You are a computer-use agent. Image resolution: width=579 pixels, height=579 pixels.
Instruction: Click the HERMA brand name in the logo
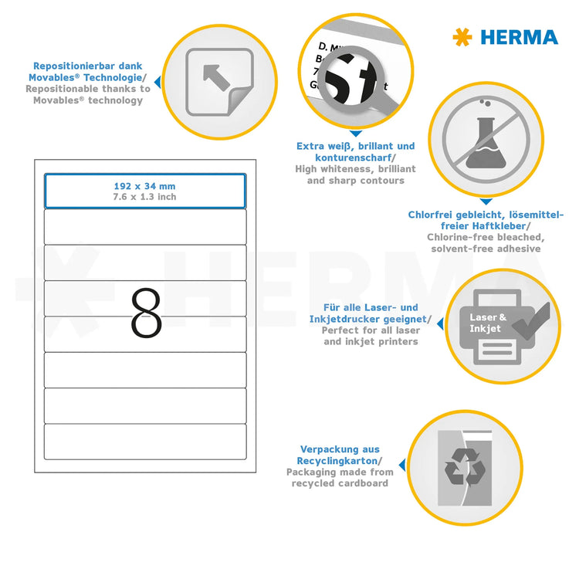point(519,37)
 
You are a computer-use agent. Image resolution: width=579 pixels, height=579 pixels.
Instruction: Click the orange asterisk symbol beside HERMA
point(462,37)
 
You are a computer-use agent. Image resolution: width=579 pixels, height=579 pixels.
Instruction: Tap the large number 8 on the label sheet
point(146,313)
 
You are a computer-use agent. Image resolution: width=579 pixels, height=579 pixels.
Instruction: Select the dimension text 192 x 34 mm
point(145,186)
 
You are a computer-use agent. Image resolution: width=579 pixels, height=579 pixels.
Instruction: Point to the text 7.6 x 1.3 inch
point(145,197)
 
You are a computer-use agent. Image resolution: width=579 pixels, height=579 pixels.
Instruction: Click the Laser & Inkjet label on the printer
point(489,323)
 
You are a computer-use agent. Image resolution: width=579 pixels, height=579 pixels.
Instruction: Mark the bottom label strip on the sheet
point(145,441)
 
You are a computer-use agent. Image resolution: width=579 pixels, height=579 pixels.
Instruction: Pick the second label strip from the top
point(145,227)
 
